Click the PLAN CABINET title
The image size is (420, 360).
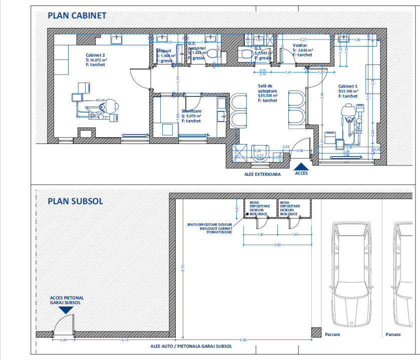[77, 15]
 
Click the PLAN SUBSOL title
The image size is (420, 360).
[75, 201]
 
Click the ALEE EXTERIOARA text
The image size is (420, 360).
[262, 175]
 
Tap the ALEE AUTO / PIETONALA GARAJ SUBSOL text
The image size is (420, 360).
[191, 346]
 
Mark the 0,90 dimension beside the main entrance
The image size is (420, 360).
[300, 150]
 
